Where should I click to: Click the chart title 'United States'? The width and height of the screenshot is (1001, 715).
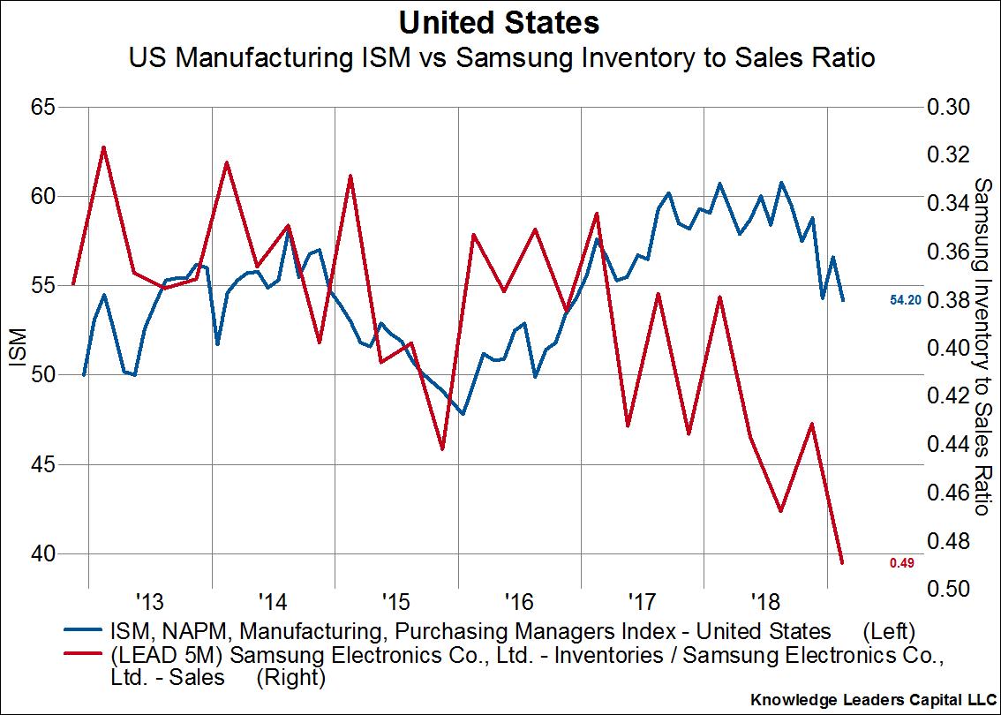point(499,21)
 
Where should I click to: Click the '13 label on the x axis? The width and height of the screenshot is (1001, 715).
point(150,604)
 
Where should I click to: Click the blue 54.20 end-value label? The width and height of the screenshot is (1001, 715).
point(906,301)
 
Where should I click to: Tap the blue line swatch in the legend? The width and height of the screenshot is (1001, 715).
point(85,632)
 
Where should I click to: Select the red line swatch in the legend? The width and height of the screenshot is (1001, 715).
point(85,656)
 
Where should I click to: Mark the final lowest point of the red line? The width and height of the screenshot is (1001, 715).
point(842,562)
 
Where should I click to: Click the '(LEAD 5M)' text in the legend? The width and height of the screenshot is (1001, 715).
point(156,656)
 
